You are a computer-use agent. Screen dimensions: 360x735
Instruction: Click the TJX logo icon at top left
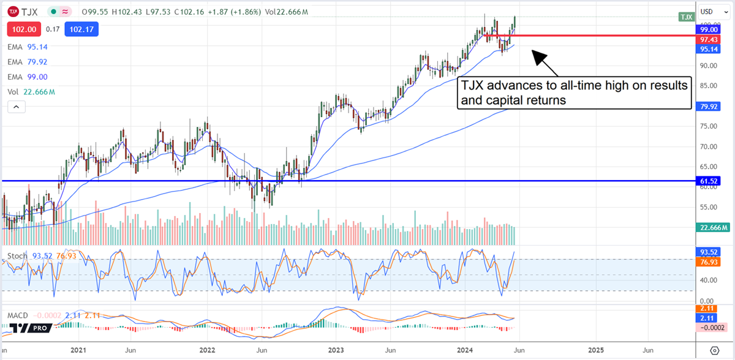12,11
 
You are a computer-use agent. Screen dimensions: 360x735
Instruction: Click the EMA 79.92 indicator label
28,62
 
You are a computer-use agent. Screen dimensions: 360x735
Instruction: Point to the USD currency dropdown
709,12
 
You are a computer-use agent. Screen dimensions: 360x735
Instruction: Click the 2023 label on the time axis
336,350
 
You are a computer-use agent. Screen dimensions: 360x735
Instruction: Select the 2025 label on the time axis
596,350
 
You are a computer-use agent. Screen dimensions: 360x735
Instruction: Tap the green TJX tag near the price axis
685,17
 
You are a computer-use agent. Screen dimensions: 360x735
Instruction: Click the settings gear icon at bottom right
714,350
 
